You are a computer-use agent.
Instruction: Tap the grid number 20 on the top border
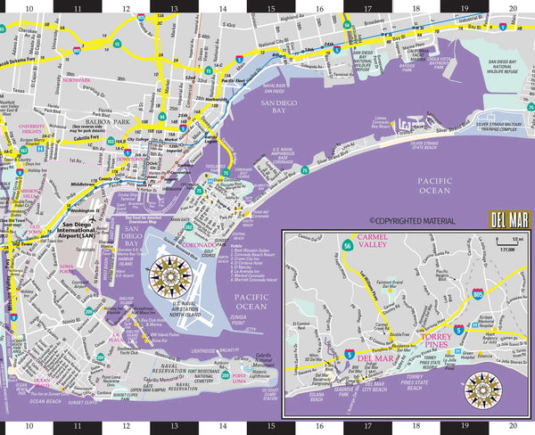point(512,6)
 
